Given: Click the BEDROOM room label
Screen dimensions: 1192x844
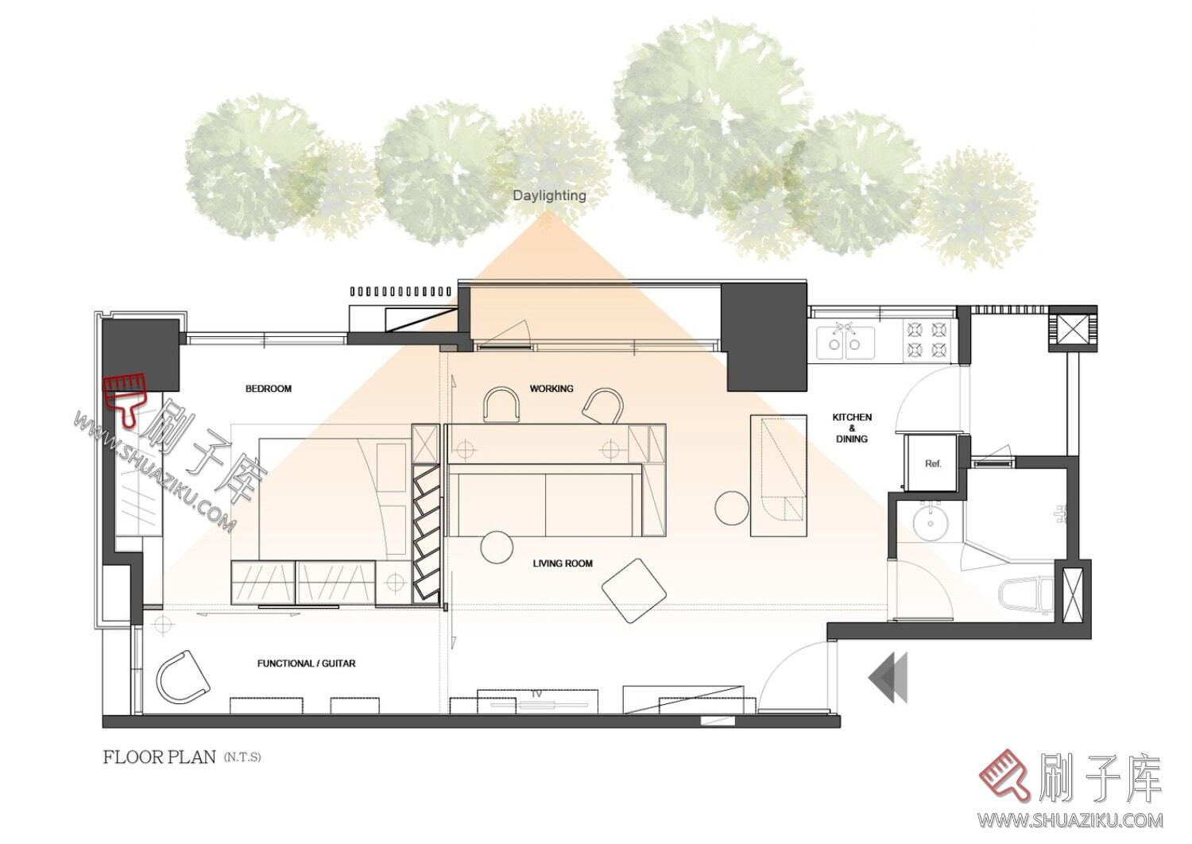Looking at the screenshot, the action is click(269, 389).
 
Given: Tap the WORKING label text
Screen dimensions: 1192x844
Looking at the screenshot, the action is click(551, 389).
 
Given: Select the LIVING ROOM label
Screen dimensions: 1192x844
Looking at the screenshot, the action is click(563, 563).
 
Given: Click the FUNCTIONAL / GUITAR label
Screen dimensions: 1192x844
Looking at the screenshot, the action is click(306, 663).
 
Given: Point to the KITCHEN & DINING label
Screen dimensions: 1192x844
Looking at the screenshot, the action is click(852, 428).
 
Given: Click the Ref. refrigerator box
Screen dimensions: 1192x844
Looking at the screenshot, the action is click(934, 463).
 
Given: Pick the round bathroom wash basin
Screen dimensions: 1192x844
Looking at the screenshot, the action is click(931, 523).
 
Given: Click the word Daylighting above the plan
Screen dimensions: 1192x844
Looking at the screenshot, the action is click(549, 196).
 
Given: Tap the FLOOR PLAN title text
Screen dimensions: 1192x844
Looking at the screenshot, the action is click(159, 757).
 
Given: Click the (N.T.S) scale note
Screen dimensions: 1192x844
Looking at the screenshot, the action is click(242, 757).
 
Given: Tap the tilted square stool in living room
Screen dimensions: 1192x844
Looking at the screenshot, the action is click(634, 590).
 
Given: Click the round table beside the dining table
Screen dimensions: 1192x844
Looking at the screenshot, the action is click(732, 508).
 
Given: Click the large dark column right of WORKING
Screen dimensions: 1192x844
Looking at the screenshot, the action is click(763, 336).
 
